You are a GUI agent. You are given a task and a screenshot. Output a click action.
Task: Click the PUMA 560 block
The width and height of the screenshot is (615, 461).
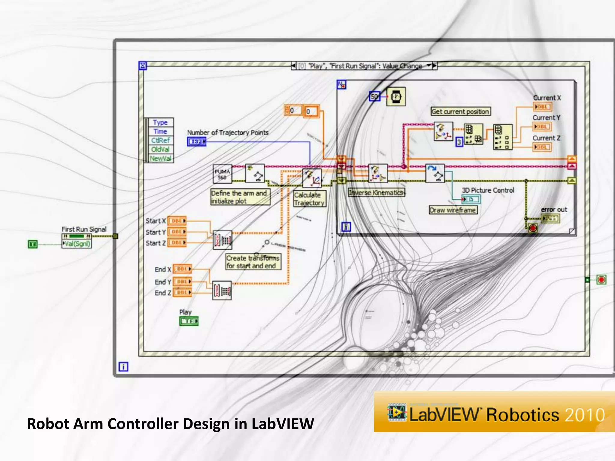222,174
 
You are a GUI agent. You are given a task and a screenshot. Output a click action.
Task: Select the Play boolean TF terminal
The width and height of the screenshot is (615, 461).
189,321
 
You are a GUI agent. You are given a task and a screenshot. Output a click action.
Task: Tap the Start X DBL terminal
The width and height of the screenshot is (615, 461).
177,221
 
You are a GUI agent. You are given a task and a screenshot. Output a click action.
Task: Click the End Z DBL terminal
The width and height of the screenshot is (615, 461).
182,292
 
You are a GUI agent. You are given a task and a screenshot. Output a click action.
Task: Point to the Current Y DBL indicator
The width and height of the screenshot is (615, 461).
542,127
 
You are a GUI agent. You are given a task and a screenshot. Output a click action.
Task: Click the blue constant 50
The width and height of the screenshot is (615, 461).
374,97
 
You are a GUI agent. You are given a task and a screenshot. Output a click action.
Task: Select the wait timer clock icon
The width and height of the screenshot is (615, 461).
396,97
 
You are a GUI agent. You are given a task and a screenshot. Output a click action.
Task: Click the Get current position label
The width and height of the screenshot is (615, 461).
460,112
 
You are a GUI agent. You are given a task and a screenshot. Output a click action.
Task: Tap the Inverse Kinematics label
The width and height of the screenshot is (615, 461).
377,193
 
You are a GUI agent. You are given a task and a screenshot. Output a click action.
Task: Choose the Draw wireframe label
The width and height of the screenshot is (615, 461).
453,210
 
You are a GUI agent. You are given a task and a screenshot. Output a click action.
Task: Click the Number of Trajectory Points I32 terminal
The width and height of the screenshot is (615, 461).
197,141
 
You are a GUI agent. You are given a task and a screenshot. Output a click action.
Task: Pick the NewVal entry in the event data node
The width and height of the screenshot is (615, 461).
161,158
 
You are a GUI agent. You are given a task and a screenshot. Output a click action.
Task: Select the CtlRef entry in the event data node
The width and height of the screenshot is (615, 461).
161,140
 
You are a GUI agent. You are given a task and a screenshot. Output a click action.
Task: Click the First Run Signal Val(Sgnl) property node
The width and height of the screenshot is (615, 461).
77,244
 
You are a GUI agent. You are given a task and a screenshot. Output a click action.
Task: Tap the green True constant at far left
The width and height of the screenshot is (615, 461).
33,244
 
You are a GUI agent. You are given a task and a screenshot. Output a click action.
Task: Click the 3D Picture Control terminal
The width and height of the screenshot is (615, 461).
471,199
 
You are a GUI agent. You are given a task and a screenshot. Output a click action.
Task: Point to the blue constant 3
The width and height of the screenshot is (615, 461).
459,142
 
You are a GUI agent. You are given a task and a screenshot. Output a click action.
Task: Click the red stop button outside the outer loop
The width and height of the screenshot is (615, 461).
601,280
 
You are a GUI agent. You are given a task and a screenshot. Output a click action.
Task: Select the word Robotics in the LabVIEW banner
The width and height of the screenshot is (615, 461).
523,415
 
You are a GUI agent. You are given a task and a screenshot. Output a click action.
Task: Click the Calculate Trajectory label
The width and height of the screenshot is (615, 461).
309,199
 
